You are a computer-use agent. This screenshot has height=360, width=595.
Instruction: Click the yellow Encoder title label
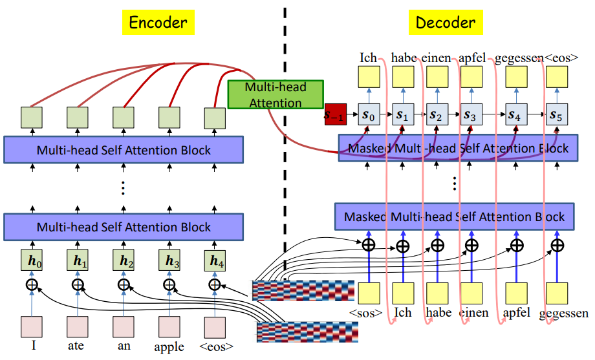pyautogui.click(x=158, y=23)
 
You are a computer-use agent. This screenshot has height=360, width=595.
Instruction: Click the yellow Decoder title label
pyautogui.click(x=446, y=23)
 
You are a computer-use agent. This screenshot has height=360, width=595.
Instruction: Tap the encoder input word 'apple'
pyautogui.click(x=169, y=346)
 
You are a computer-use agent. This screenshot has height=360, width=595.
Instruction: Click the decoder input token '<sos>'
pyautogui.click(x=367, y=313)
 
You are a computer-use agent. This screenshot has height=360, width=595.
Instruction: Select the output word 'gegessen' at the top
pyautogui.click(x=519, y=59)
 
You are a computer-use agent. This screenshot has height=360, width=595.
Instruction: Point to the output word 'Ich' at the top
pyautogui.click(x=368, y=59)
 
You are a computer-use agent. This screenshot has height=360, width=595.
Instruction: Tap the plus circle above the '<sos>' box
pyautogui.click(x=368, y=245)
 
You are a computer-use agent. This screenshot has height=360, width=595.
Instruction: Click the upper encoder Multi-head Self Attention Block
pyautogui.click(x=124, y=150)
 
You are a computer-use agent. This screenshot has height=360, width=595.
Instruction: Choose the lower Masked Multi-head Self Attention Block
pyautogui.click(x=454, y=217)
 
